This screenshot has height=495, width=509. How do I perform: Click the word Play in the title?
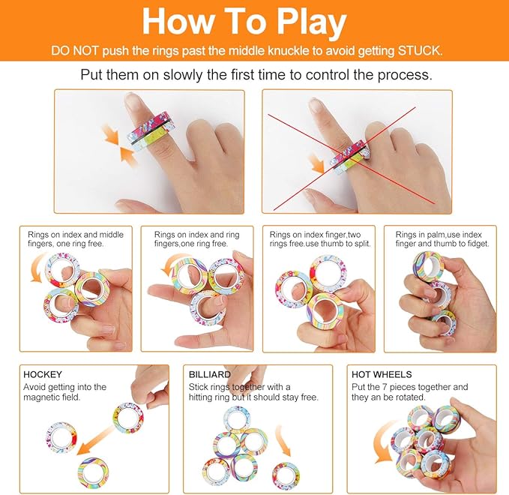(311, 22)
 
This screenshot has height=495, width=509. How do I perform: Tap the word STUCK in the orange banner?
(420, 51)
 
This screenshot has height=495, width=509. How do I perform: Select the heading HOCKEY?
(43, 374)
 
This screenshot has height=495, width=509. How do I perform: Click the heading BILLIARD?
(209, 374)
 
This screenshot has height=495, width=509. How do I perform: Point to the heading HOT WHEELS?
(382, 374)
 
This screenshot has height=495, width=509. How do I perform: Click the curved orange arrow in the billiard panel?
(283, 440)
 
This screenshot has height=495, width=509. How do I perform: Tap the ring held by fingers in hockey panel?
(128, 418)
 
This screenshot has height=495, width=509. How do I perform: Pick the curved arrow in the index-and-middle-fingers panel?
(37, 266)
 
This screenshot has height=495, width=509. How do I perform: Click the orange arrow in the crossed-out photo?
(316, 163)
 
